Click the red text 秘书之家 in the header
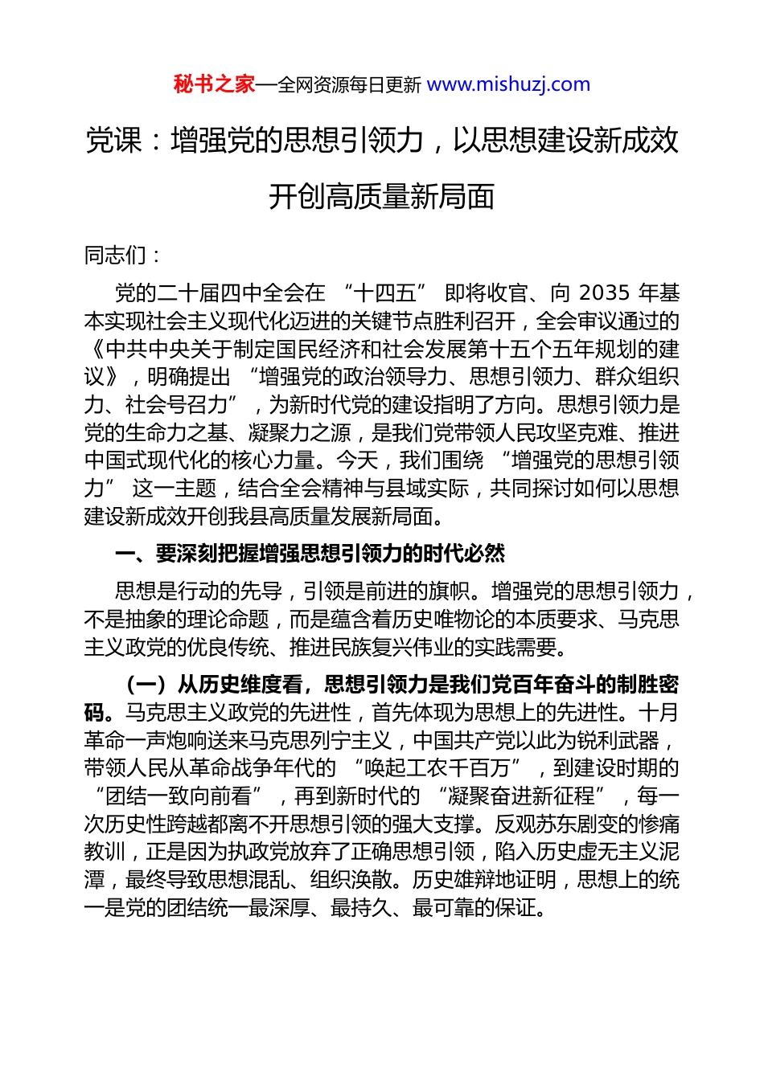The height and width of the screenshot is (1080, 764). [214, 84]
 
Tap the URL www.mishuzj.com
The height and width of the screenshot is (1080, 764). [508, 84]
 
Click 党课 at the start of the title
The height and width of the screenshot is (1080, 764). [113, 141]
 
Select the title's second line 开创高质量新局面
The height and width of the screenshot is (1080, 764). [381, 197]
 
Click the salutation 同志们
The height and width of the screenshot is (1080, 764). [116, 256]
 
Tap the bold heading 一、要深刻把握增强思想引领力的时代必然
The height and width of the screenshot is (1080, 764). [310, 554]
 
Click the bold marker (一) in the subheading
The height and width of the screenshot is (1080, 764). [146, 685]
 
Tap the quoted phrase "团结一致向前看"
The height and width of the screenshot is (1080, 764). [179, 796]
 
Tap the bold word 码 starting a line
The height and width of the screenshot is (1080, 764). [94, 713]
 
